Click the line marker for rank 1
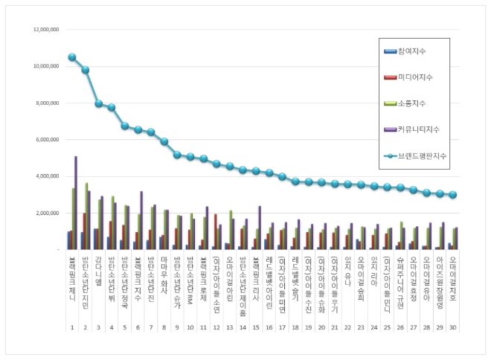[72, 57]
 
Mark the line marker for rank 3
[98, 103]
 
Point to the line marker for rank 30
[452, 194]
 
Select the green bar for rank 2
[86, 216]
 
